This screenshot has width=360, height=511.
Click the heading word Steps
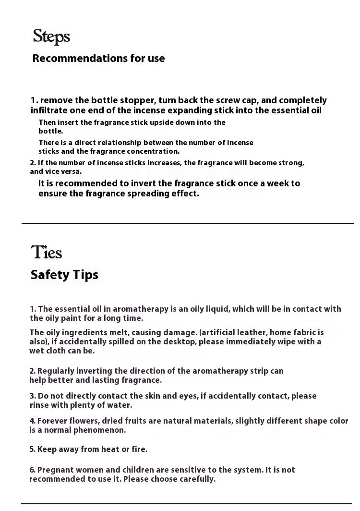coord(51,36)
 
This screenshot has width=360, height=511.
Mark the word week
coord(276,183)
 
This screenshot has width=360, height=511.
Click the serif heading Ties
coord(47,252)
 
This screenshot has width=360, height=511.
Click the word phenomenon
coord(99,430)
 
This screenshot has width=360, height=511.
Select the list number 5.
coord(32,450)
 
